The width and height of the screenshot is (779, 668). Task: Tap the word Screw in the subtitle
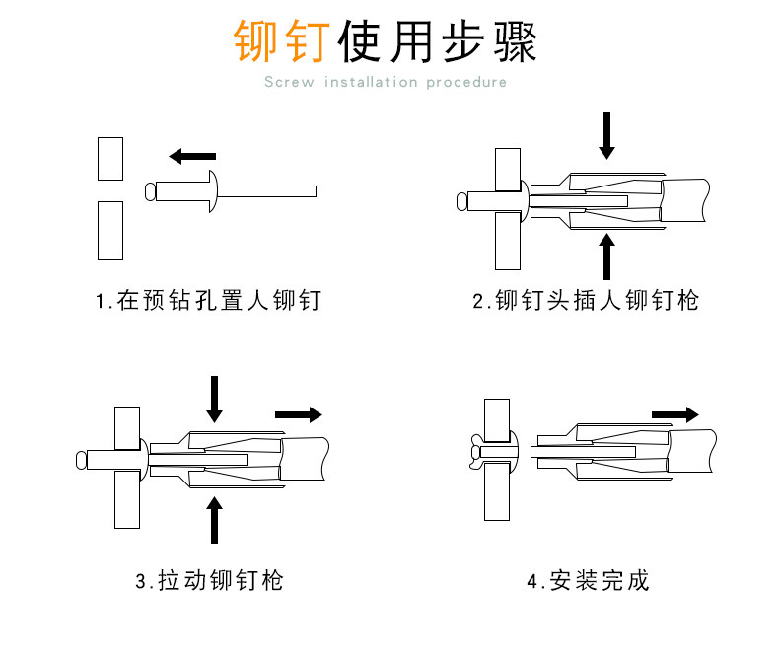(x=289, y=82)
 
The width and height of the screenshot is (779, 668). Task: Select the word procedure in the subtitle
(x=466, y=82)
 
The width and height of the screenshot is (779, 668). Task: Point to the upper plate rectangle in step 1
(x=109, y=159)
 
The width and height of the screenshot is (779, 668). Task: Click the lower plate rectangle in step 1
(x=109, y=230)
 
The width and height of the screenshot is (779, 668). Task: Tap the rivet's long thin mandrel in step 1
(x=266, y=190)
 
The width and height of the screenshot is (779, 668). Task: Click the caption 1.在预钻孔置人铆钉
(x=208, y=300)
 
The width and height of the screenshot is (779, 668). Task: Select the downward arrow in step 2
(x=607, y=135)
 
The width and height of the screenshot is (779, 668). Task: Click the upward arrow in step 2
(x=607, y=256)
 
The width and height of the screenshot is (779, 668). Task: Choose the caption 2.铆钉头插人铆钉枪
(x=585, y=300)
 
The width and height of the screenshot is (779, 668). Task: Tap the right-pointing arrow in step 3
(x=298, y=413)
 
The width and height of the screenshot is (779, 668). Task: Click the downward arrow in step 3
(x=214, y=399)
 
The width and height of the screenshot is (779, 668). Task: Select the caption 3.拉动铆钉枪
(x=209, y=580)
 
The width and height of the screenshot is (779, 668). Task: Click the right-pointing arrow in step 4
(x=676, y=413)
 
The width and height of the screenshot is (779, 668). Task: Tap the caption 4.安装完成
(x=587, y=580)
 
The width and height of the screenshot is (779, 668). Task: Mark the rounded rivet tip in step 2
(x=461, y=204)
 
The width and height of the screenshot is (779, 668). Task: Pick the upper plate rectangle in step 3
(x=126, y=427)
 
